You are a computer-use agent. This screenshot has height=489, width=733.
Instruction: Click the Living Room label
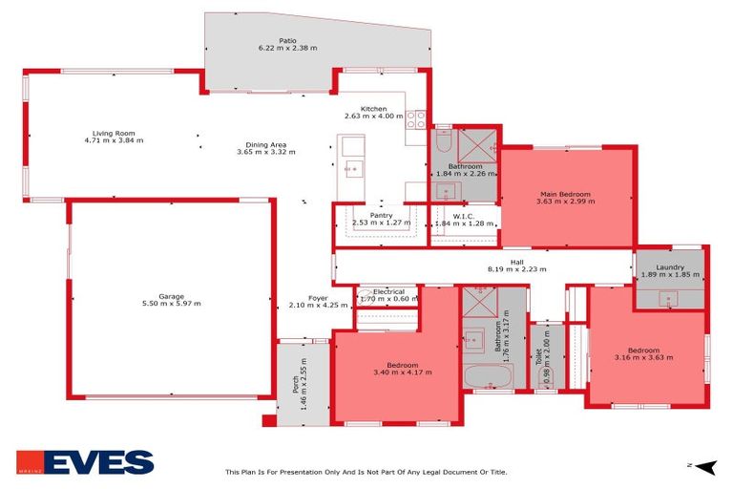coord(114,133)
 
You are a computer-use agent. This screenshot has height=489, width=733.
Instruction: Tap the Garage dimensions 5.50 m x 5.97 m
coord(172,304)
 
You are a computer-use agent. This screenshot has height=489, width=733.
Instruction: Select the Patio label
coord(287,40)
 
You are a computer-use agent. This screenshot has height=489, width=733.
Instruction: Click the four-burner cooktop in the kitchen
coord(416,119)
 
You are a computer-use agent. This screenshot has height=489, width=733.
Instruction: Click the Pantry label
coord(381,216)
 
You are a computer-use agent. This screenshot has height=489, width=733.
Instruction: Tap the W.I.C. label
coord(465,216)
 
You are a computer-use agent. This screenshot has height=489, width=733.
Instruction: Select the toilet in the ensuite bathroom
coord(443,143)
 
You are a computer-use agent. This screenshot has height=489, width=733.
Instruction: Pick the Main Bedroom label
coord(565,194)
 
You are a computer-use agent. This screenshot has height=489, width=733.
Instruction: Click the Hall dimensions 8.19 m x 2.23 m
coord(516,269)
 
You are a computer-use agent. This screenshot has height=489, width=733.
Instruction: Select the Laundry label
coord(669,267)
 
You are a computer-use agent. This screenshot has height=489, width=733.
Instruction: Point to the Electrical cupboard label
coord(388,291)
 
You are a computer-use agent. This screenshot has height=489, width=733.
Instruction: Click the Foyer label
coord(318,298)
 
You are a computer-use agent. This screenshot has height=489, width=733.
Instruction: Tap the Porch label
coord(296,382)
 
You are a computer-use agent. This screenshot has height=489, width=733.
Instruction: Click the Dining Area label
coord(261,145)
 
